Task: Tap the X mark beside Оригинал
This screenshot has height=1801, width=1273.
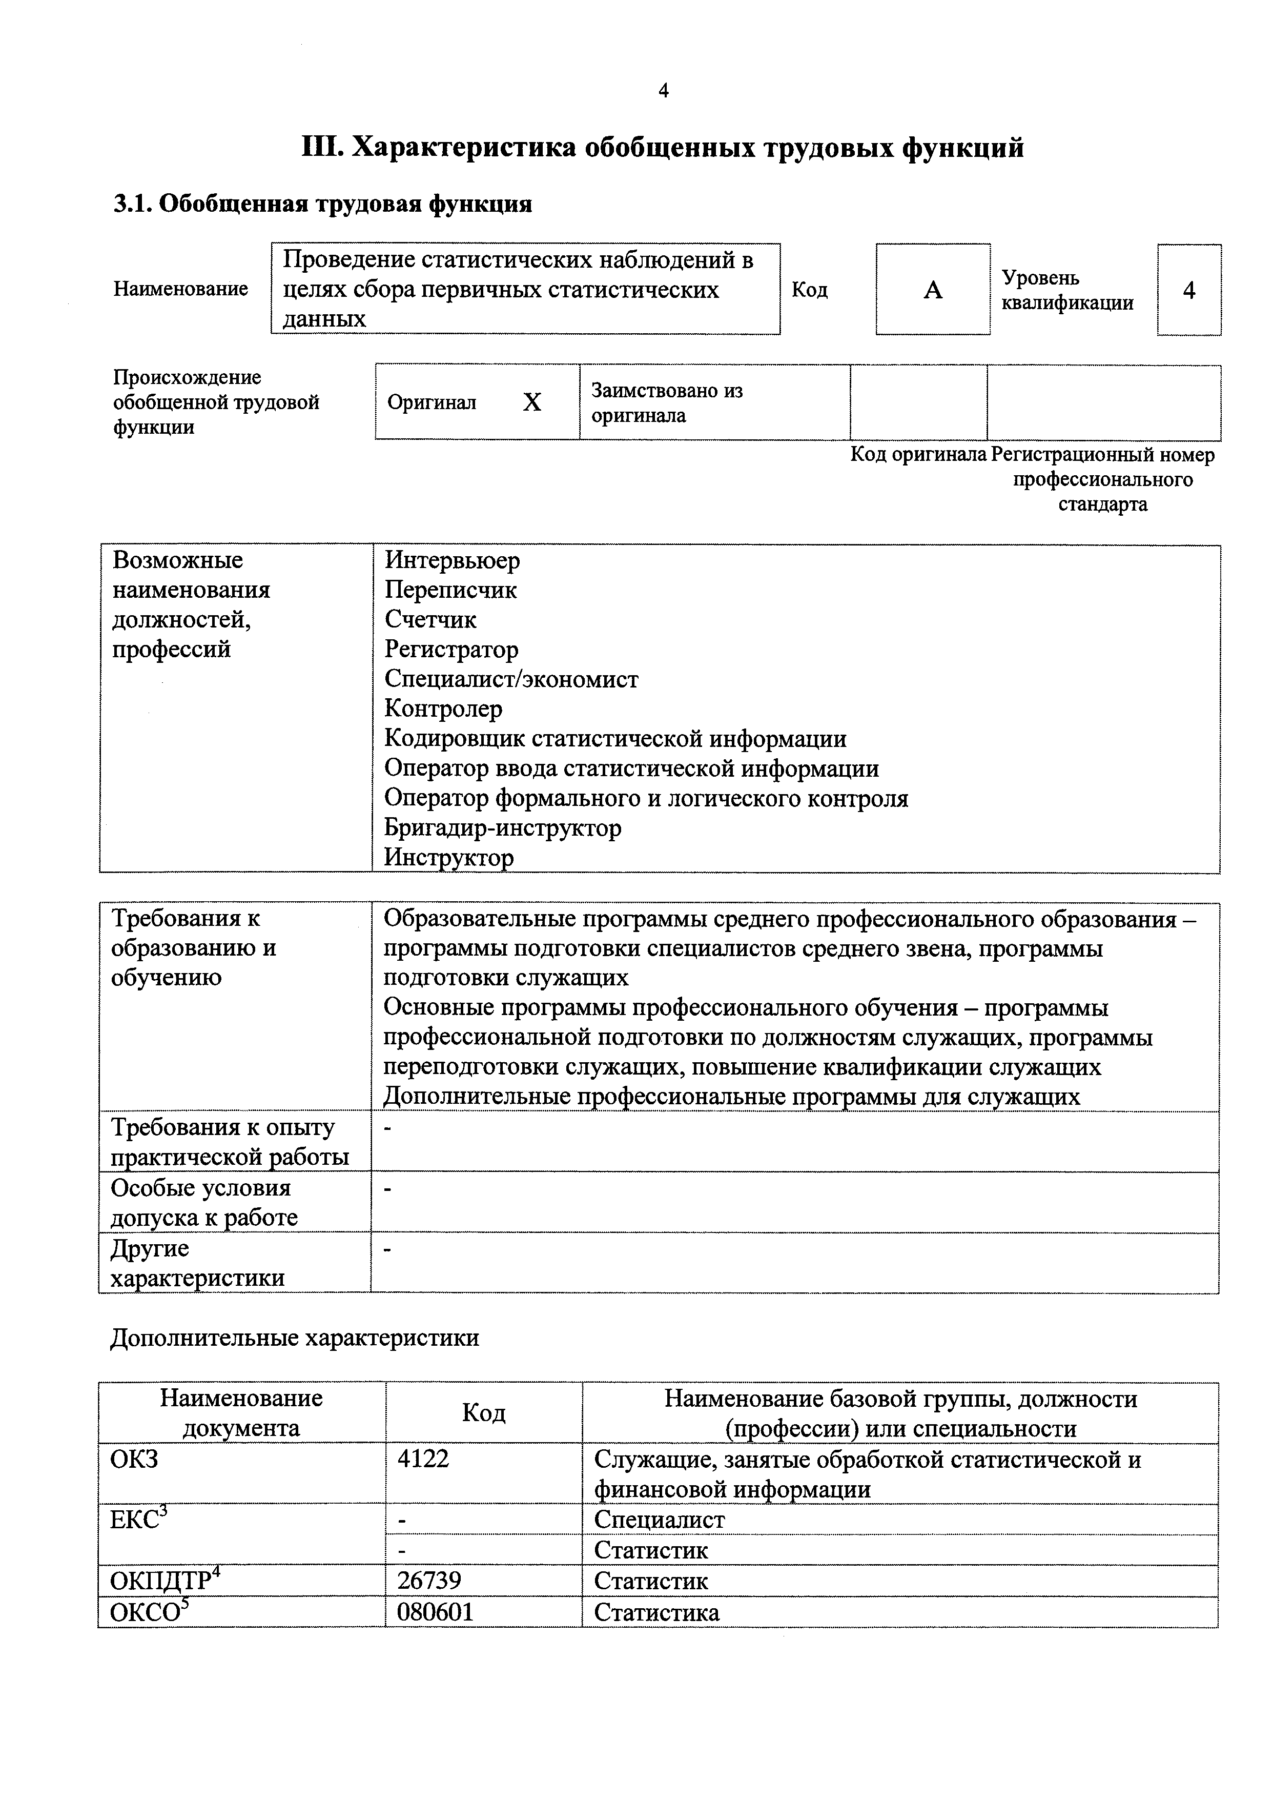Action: click(532, 402)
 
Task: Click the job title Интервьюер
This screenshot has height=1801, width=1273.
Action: click(452, 561)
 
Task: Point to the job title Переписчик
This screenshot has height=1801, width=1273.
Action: click(450, 590)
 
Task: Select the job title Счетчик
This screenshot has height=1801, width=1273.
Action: click(430, 620)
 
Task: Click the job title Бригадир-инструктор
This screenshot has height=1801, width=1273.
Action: click(502, 828)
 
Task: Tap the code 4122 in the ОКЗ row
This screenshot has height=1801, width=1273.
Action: click(423, 1459)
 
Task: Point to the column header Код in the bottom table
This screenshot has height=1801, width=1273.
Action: click(484, 1413)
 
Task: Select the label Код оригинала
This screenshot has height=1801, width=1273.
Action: click(918, 455)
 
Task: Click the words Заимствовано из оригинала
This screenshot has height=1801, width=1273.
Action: click(667, 402)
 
